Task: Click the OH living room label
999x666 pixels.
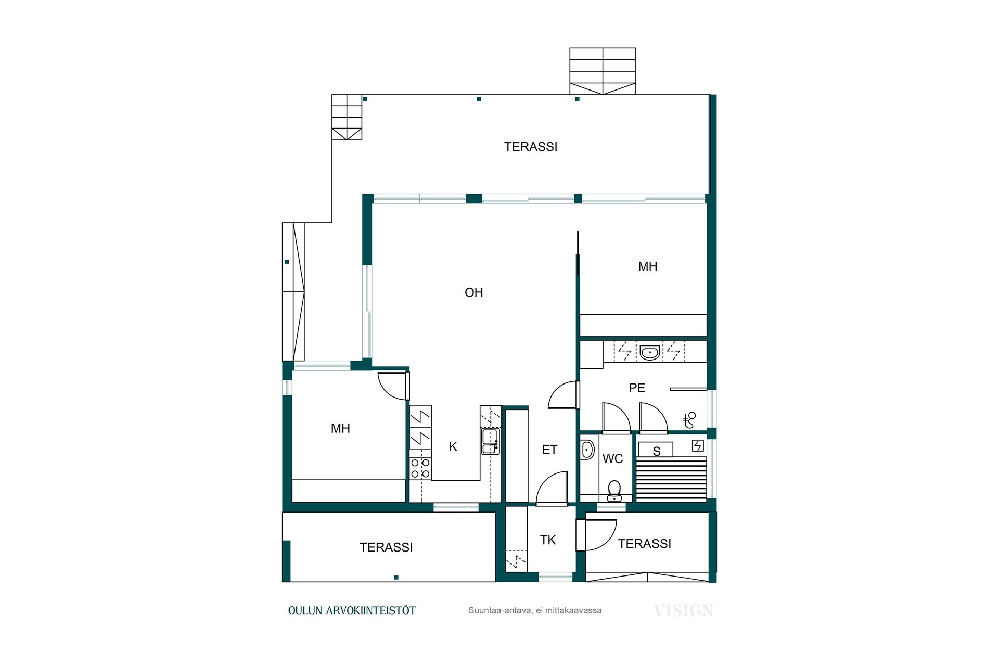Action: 473,293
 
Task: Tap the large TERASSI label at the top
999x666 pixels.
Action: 530,147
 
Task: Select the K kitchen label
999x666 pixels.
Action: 453,446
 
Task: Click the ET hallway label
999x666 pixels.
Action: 549,450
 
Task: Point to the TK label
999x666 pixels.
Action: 548,540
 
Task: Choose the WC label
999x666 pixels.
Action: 612,459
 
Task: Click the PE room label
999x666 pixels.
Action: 637,388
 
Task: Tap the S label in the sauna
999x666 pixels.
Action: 657,451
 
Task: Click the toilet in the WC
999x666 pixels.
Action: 614,491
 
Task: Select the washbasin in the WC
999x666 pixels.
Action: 587,450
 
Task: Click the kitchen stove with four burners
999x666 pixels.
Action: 420,468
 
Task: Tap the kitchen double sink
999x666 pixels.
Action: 490,441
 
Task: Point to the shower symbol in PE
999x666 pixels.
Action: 689,420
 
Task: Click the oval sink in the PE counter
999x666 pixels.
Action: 649,353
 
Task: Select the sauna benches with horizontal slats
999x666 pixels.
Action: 671,479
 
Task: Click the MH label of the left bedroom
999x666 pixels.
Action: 340,429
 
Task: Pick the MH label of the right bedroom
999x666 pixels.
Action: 648,266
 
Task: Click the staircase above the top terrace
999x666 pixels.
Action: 603,71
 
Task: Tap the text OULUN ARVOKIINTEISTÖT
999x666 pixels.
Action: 352,611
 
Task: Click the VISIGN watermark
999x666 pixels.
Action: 683,610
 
